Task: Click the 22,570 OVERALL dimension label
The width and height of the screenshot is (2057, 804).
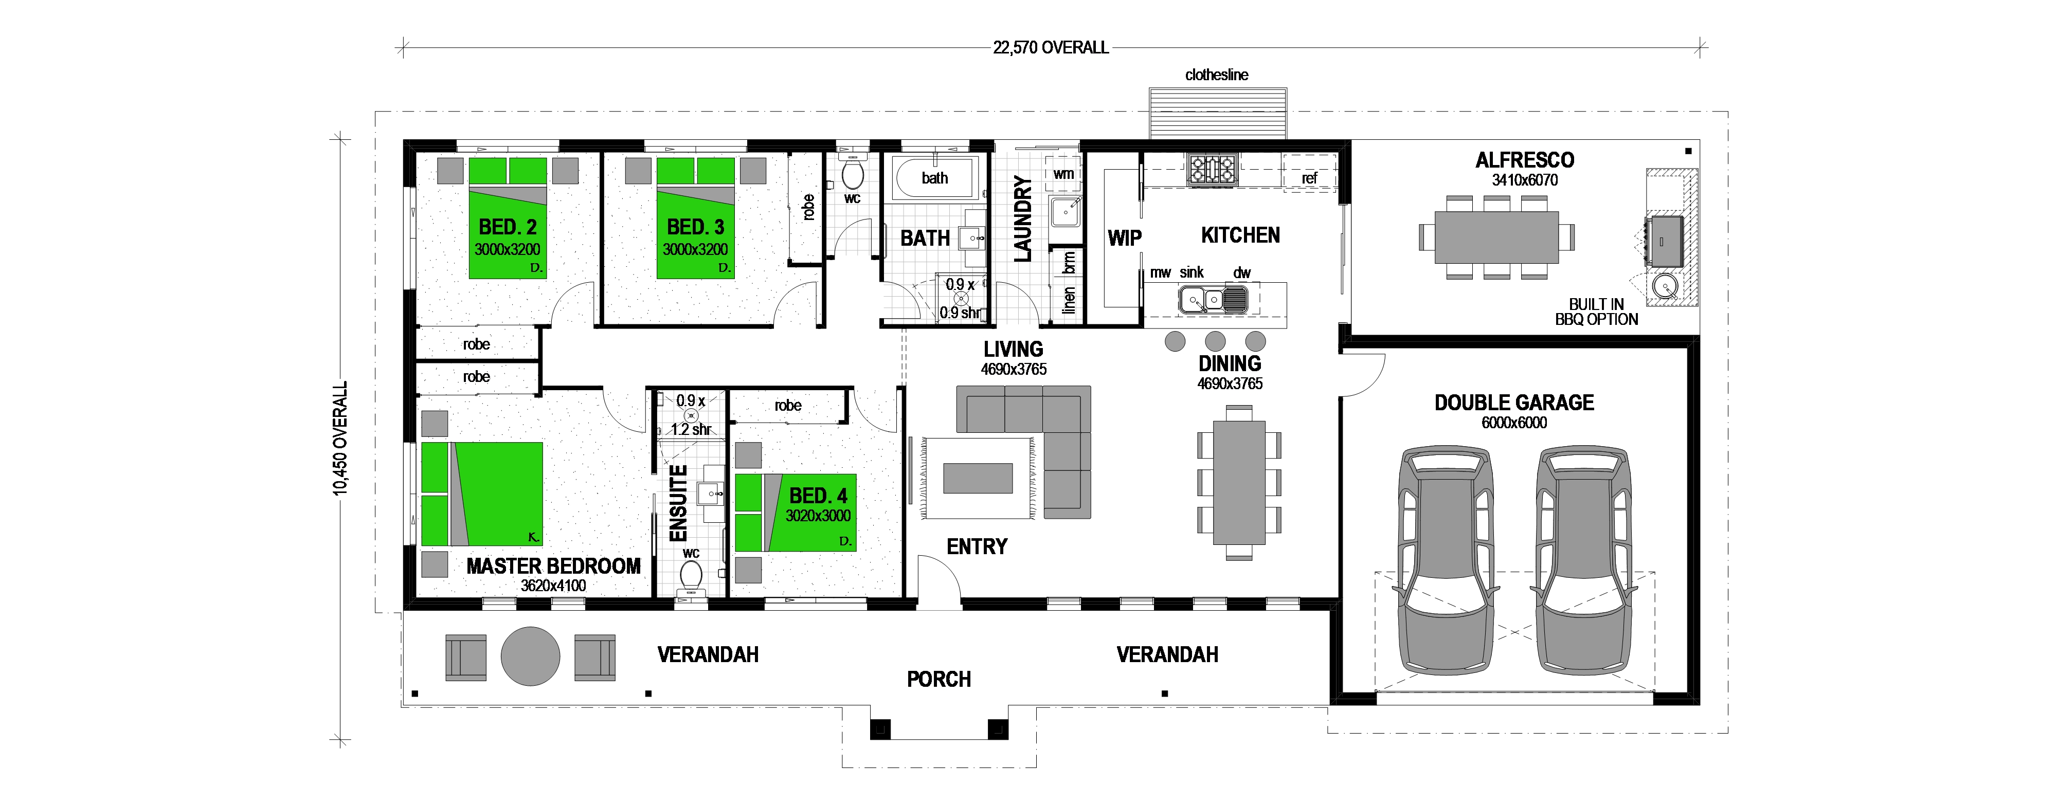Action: (x=1050, y=48)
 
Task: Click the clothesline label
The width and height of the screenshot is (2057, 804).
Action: (x=1216, y=75)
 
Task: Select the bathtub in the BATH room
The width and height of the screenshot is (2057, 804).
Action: (x=934, y=178)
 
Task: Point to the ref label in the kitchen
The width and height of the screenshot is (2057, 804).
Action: (x=1309, y=178)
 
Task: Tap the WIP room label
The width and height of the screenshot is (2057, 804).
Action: (x=1124, y=238)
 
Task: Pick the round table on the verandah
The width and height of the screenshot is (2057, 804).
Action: (x=530, y=656)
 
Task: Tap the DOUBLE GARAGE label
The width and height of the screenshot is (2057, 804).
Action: (x=1513, y=403)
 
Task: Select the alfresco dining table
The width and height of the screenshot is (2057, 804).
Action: (x=1496, y=237)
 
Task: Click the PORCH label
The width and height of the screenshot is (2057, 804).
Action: (x=939, y=680)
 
